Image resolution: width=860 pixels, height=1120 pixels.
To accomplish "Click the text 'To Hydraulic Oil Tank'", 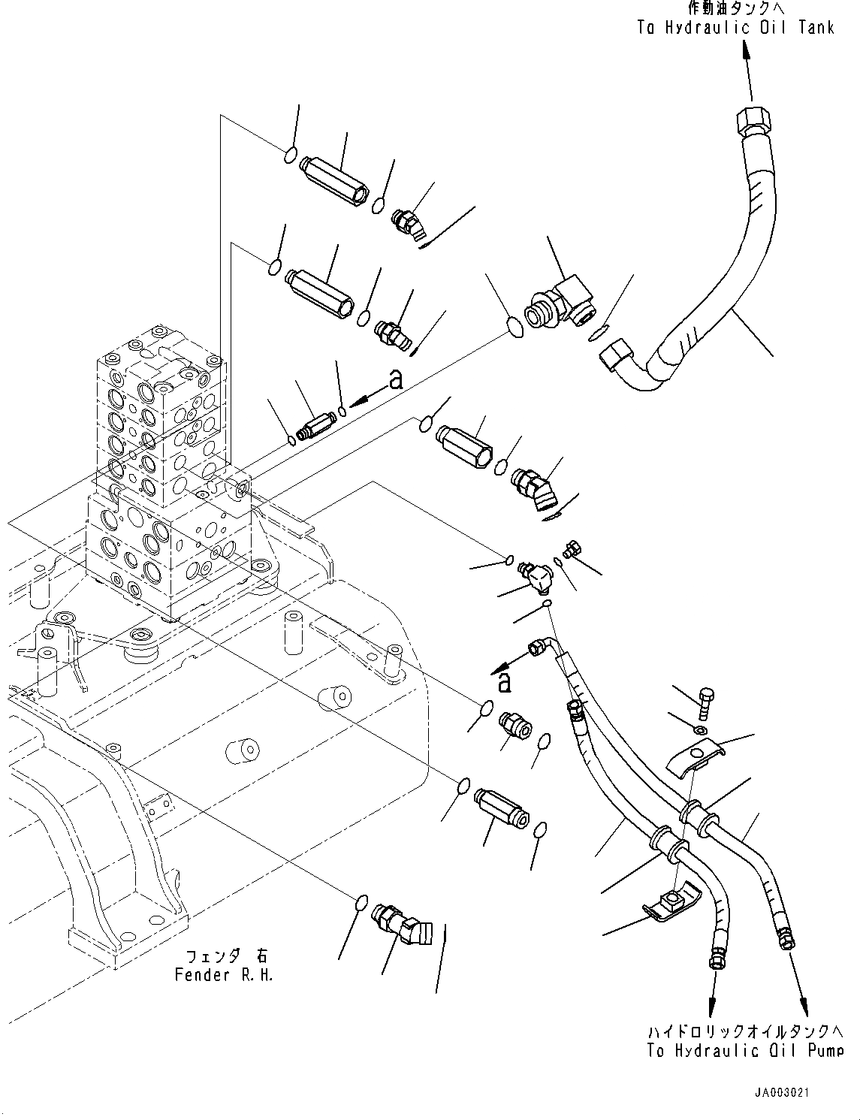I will (x=735, y=28).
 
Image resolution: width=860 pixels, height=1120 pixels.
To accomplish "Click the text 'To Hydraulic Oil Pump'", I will (x=744, y=1050).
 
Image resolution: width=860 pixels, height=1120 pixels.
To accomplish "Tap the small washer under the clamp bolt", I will (x=700, y=730).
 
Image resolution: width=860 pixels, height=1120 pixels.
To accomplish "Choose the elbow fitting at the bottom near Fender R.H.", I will (x=401, y=923).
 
